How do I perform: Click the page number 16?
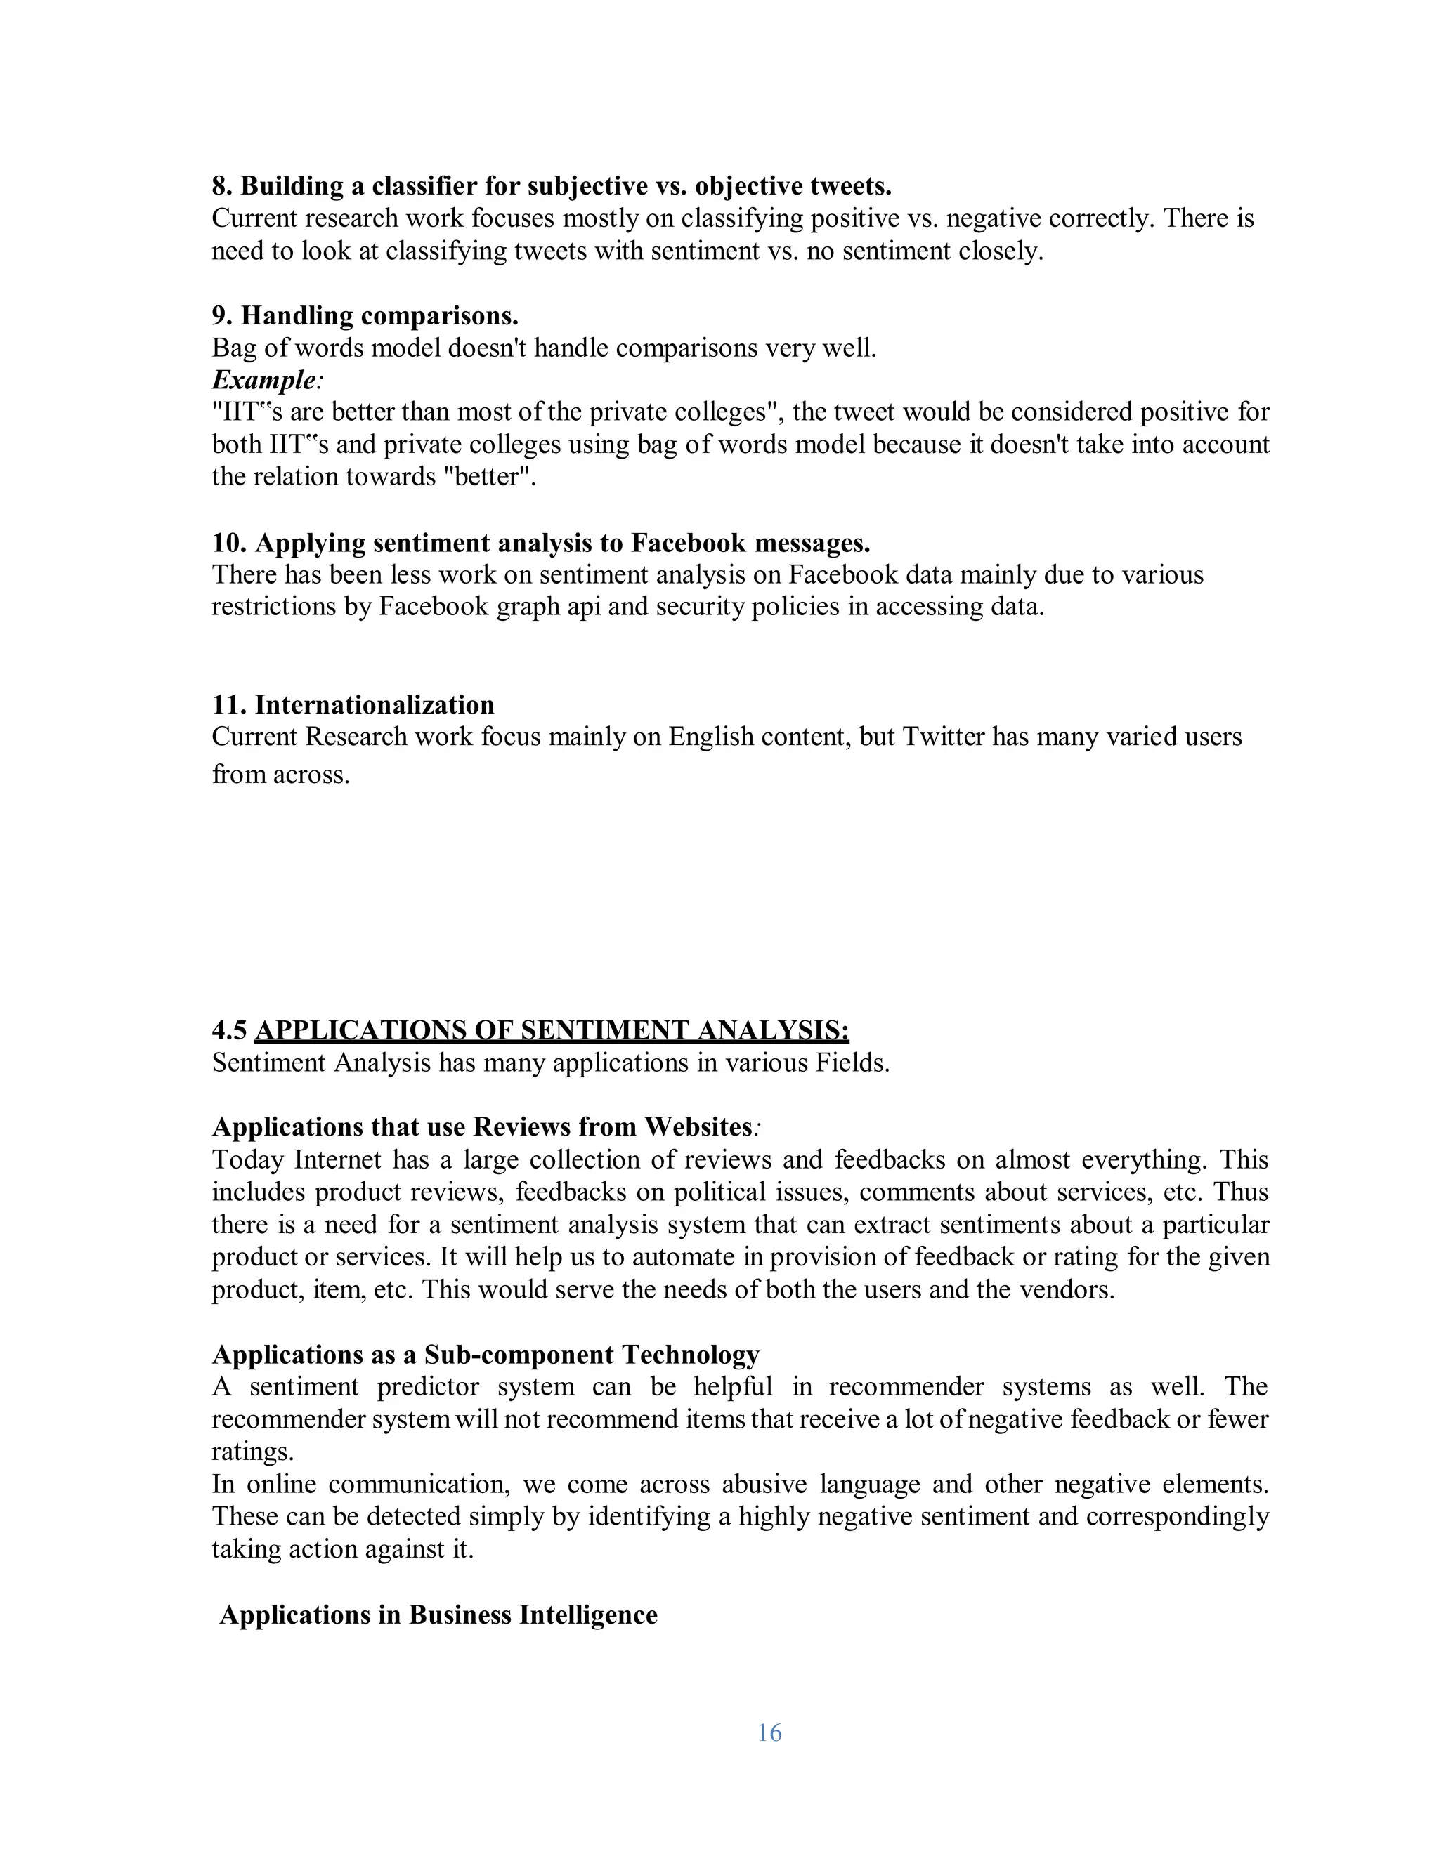(x=769, y=1732)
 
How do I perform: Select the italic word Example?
(x=264, y=380)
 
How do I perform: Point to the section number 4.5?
(x=229, y=1030)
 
